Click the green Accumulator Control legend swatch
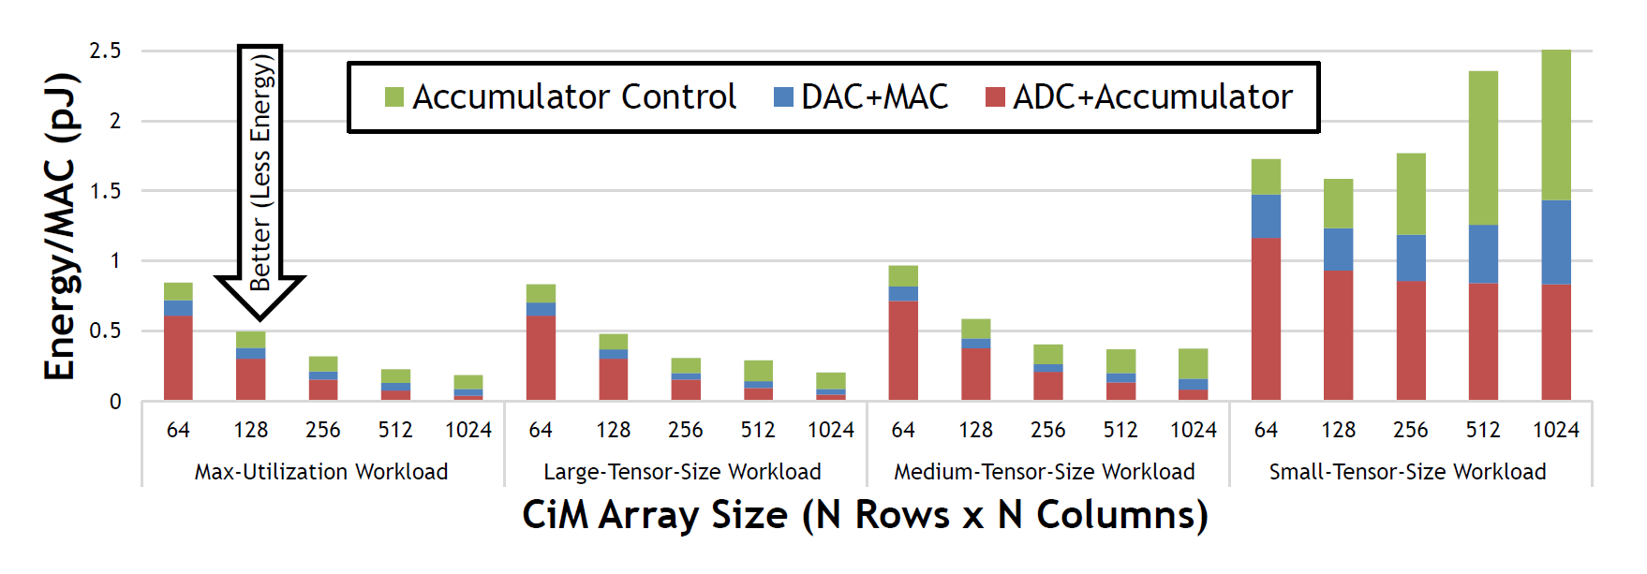click(x=394, y=96)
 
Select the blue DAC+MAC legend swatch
click(x=783, y=96)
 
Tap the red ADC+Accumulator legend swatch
click(x=995, y=96)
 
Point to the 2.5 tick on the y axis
click(x=105, y=51)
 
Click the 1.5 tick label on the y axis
click(x=105, y=191)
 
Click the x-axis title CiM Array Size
click(x=865, y=515)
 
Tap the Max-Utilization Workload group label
click(x=321, y=472)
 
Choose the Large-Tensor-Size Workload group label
click(x=682, y=472)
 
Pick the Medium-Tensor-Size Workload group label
click(x=1045, y=472)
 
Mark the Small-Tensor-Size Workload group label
click(x=1407, y=472)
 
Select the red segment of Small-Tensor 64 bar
click(x=1266, y=318)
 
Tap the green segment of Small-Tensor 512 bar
click(x=1483, y=148)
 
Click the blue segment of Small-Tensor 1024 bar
click(x=1556, y=242)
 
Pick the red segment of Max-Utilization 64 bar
click(x=178, y=358)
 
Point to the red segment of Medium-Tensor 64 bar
click(x=903, y=350)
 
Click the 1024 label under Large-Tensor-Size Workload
click(x=831, y=430)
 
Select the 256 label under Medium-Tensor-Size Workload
click(x=1048, y=430)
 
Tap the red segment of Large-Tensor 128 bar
click(x=614, y=379)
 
